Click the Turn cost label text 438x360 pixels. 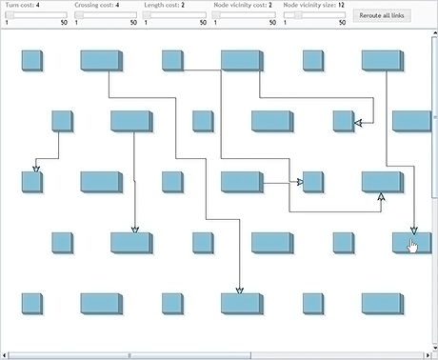pyautogui.click(x=19, y=5)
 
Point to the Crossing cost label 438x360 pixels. pyautogui.click(x=94, y=5)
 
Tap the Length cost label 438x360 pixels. pyautogui.click(x=163, y=5)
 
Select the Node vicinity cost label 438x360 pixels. pyautogui.click(x=240, y=5)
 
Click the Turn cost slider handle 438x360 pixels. pyautogui.click(x=10, y=14)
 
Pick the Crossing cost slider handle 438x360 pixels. pyautogui.click(x=80, y=14)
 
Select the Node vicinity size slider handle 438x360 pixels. pyautogui.click(x=298, y=14)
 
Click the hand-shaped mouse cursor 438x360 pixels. pyautogui.click(x=412, y=247)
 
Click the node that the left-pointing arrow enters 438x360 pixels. pyautogui.click(x=344, y=120)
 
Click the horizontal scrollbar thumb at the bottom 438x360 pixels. pyautogui.click(x=129, y=355)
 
